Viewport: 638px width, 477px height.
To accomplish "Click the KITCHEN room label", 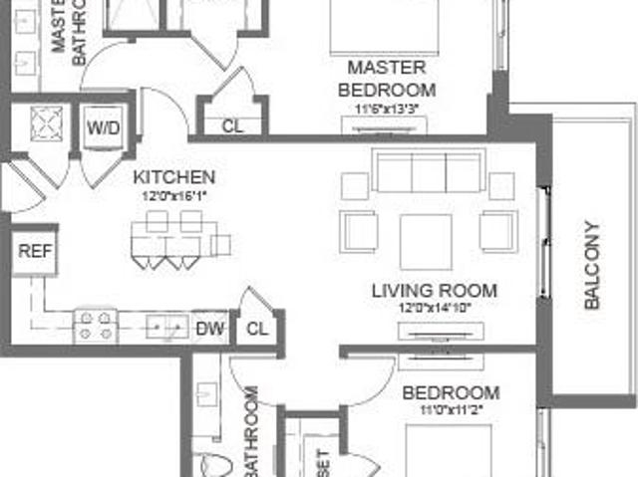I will (174, 177).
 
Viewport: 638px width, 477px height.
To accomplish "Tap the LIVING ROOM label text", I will (434, 291).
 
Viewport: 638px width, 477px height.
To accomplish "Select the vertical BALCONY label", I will (592, 264).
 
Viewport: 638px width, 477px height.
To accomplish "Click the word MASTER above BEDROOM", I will (387, 68).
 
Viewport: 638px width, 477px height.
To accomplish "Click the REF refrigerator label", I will (33, 252).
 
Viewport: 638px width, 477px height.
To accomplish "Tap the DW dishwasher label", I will (208, 327).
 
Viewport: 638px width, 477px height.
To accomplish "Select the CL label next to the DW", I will (257, 328).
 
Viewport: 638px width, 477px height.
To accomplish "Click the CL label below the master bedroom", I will (232, 126).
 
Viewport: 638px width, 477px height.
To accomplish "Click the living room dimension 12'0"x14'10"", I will (434, 309).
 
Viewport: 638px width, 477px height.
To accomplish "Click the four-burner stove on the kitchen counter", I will (97, 326).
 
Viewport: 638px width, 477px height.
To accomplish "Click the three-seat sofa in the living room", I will (429, 171).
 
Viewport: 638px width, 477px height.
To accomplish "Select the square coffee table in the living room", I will (426, 242).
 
